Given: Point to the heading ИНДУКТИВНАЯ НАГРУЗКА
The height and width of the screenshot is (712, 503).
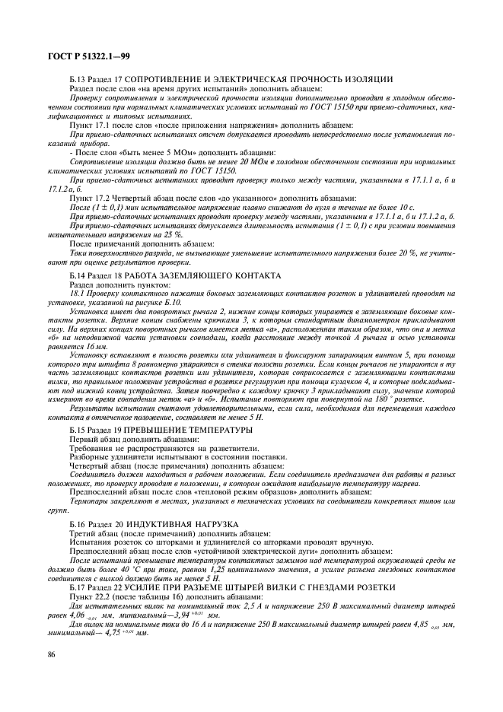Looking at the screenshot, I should coord(185,525).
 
